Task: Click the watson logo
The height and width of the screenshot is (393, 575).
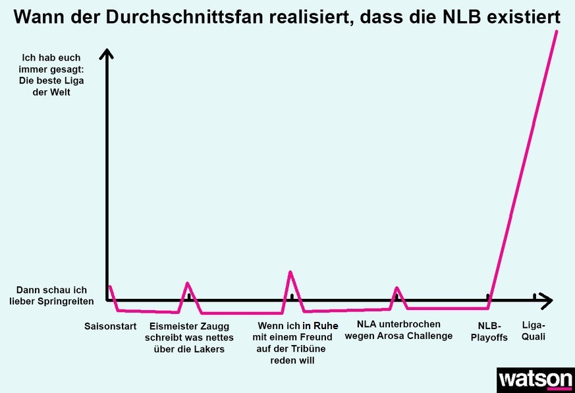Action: tap(535, 380)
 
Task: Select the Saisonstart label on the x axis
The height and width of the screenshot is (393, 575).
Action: tap(110, 326)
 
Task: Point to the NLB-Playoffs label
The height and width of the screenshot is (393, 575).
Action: tap(489, 332)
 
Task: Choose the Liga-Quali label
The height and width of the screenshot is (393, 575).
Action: tap(534, 332)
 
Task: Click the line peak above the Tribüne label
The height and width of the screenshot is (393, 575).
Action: tap(290, 271)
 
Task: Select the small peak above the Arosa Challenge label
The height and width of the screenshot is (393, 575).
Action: tap(397, 287)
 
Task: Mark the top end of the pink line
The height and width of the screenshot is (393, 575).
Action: tap(557, 31)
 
